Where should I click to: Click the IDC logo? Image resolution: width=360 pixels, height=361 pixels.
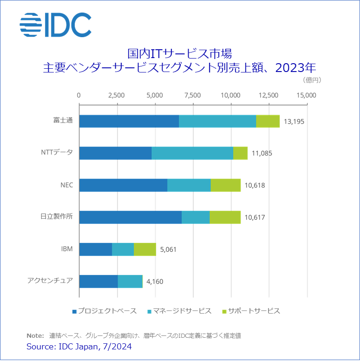coord(55,25)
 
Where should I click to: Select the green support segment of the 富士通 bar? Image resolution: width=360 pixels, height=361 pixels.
coord(268,121)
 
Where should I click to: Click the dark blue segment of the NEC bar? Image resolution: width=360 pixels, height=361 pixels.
coord(123,185)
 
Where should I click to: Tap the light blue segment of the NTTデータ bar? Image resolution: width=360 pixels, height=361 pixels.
coord(192,153)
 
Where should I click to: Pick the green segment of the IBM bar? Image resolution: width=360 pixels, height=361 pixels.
coord(145,249)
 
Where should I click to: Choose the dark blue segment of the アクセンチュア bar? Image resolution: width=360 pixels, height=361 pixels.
coord(98,281)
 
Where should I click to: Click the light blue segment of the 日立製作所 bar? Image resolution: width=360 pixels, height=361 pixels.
coord(196,217)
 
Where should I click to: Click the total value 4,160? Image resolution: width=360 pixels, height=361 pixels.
coord(155,282)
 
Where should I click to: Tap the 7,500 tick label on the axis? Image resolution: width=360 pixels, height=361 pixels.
coord(192,95)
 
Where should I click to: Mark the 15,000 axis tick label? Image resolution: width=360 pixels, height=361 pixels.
coord(307,95)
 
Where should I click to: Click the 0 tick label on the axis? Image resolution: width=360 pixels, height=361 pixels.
coord(79,95)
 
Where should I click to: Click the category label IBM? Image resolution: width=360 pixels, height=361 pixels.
coord(66,249)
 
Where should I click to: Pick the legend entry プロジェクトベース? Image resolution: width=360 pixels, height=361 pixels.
coord(106,311)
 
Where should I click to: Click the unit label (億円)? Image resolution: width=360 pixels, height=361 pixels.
coord(312,80)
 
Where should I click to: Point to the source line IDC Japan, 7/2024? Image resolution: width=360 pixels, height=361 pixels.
coord(79,347)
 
